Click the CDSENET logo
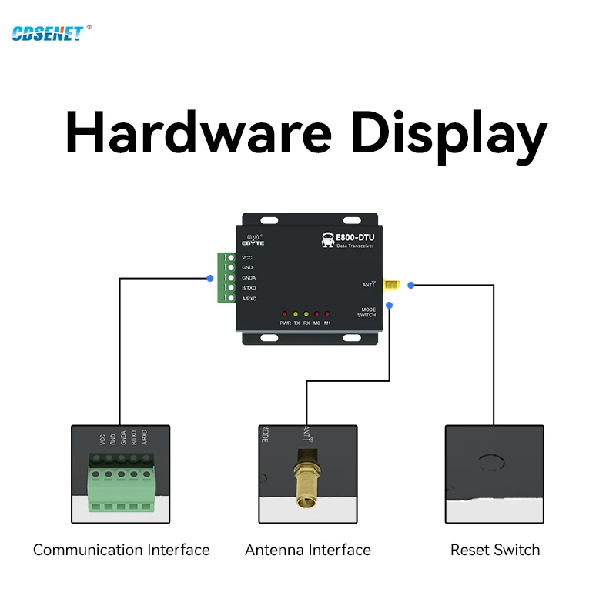(48, 33)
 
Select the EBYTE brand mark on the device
(253, 239)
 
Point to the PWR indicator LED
(285, 314)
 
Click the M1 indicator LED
(327, 314)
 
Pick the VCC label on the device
(247, 257)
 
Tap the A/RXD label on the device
(249, 298)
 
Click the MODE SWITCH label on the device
(367, 312)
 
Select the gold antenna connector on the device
(391, 286)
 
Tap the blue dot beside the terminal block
(210, 278)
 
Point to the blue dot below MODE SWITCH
(390, 306)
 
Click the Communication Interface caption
(122, 550)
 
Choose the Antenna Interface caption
(308, 550)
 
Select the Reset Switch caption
(495, 550)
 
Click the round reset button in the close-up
(490, 463)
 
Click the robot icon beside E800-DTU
(327, 239)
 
